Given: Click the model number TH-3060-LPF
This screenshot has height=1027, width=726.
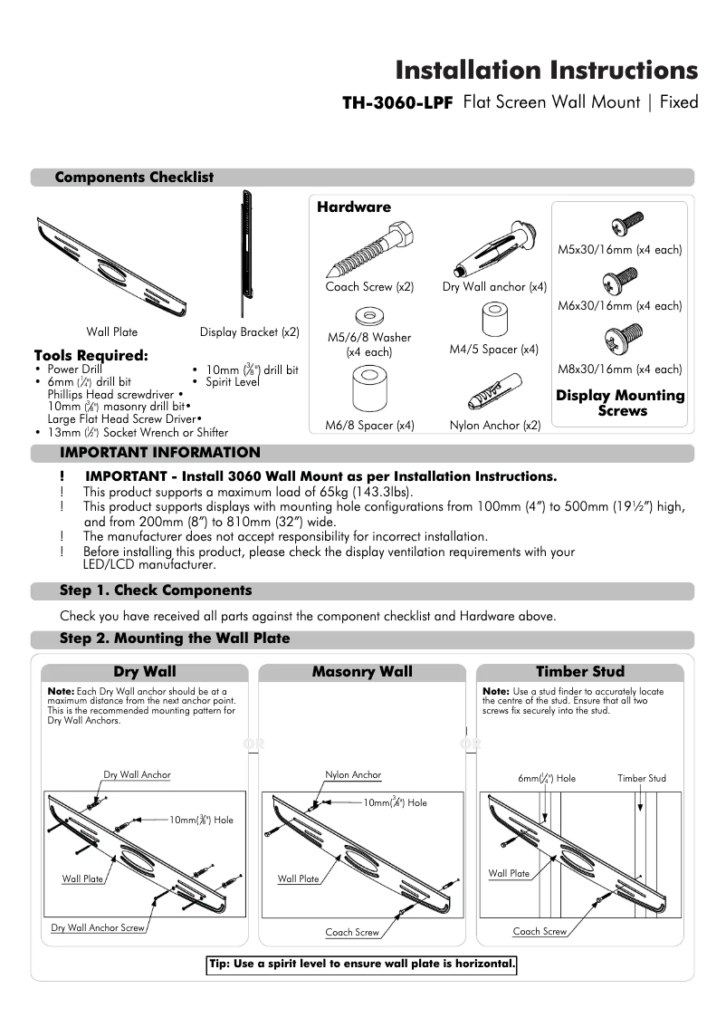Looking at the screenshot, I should [x=396, y=103].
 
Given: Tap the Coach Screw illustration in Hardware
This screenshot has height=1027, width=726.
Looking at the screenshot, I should [x=368, y=249].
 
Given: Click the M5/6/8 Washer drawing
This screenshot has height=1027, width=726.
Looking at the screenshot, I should [x=368, y=317].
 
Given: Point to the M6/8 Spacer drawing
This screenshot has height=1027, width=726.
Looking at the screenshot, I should [x=369, y=388].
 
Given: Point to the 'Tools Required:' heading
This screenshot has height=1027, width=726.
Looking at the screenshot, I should [x=91, y=355].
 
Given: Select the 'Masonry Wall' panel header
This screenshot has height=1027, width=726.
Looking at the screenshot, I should [x=362, y=672].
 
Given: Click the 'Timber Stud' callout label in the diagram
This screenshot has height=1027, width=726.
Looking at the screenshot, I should [x=641, y=778].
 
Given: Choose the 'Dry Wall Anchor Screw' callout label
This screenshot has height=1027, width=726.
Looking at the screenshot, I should [x=98, y=927].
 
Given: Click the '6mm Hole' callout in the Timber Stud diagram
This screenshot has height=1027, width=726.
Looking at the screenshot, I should [x=546, y=778].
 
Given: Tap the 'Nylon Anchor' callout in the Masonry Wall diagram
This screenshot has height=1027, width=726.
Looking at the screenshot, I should [x=353, y=775].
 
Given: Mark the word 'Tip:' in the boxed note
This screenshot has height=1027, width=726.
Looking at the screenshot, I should [x=220, y=964].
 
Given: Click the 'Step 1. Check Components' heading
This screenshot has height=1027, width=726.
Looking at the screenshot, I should [x=156, y=590].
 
